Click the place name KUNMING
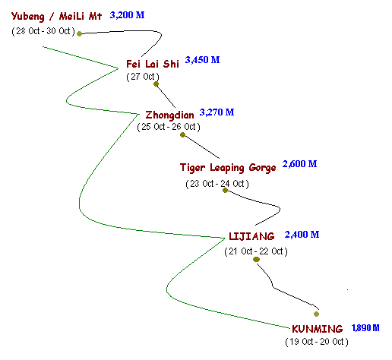pos(317,329)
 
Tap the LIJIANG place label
pos(251,236)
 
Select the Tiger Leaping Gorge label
pos(228,168)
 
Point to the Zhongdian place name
pos(169,115)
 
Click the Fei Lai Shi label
pos(153,64)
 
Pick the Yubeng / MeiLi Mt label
pos(56,16)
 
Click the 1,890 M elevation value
pos(365,328)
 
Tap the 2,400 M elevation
pos(302,235)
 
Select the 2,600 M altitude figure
pos(299,164)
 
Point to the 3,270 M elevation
pos(217,112)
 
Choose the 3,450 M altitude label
pos(202,60)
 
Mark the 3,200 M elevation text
pos(127,15)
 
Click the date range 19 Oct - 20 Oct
pos(317,342)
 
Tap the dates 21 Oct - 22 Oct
pos(256,251)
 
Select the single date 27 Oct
pos(143,77)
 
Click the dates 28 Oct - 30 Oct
pos(43,31)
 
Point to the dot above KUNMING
pos(316,314)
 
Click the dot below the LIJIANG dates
pos(256,259)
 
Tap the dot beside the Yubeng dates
pos(79,33)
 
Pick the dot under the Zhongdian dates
pos(182,135)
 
